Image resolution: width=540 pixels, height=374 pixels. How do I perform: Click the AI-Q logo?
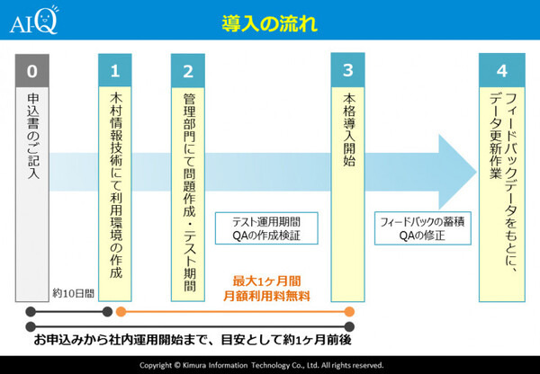click(33, 21)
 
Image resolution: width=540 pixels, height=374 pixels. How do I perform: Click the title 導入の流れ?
click(269, 24)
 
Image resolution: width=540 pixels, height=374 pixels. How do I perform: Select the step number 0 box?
click(33, 70)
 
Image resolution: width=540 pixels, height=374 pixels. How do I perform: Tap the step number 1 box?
click(114, 70)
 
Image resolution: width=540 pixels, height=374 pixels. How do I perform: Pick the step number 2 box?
click(188, 70)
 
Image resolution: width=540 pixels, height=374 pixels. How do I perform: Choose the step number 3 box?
click(347, 70)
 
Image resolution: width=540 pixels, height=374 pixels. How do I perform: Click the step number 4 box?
click(502, 70)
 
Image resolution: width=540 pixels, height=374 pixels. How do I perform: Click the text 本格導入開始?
click(347, 130)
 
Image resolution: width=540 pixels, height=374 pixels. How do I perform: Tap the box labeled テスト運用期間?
click(266, 228)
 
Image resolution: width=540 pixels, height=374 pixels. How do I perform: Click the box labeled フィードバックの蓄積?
click(415, 228)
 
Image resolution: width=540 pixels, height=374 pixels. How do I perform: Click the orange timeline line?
click(234, 311)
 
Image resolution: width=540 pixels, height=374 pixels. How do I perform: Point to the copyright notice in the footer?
click(269, 365)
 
